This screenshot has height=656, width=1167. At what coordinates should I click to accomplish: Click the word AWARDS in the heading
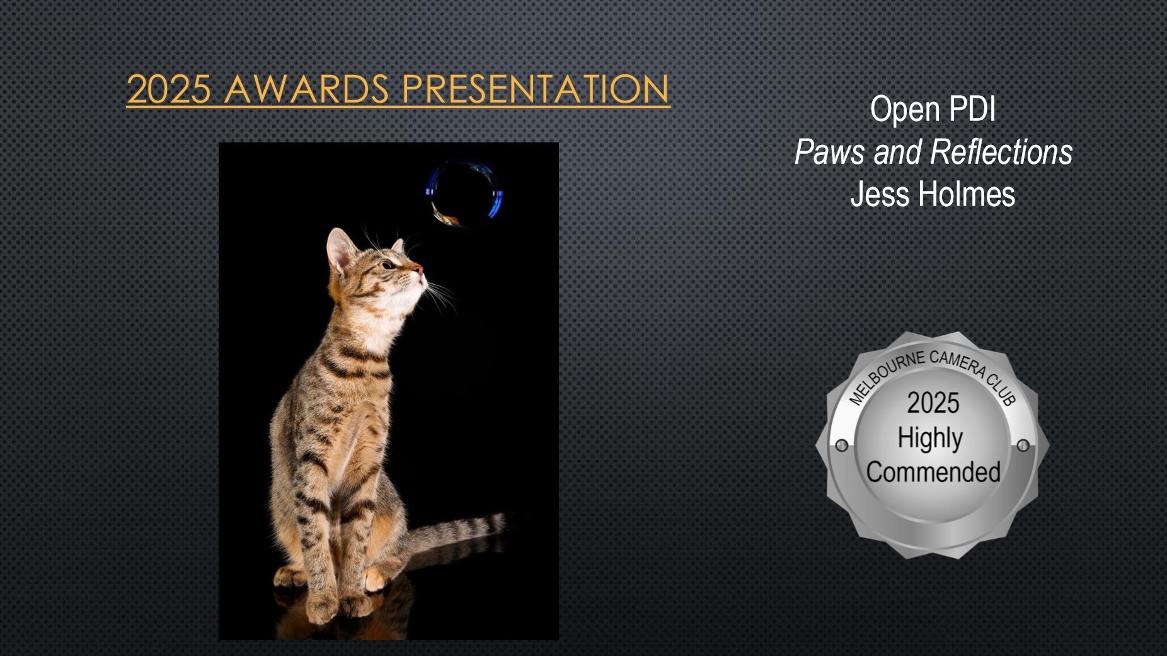(306, 89)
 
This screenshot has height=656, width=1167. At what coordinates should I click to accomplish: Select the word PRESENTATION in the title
(535, 89)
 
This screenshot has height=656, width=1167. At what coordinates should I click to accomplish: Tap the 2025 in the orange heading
(168, 89)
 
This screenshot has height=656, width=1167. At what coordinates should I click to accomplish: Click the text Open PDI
(933, 109)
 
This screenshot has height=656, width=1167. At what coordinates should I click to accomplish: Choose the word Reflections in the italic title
(1001, 152)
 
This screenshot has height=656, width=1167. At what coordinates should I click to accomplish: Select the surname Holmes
(967, 193)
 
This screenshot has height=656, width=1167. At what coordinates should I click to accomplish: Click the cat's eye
(388, 265)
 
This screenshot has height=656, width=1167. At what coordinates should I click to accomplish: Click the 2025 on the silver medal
(933, 403)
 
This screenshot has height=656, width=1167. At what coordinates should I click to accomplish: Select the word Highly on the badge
(930, 439)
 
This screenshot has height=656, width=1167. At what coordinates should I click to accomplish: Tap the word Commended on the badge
(933, 472)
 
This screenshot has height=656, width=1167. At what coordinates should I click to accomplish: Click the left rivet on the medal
(841, 446)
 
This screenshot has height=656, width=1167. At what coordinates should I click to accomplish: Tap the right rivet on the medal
(1023, 446)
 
